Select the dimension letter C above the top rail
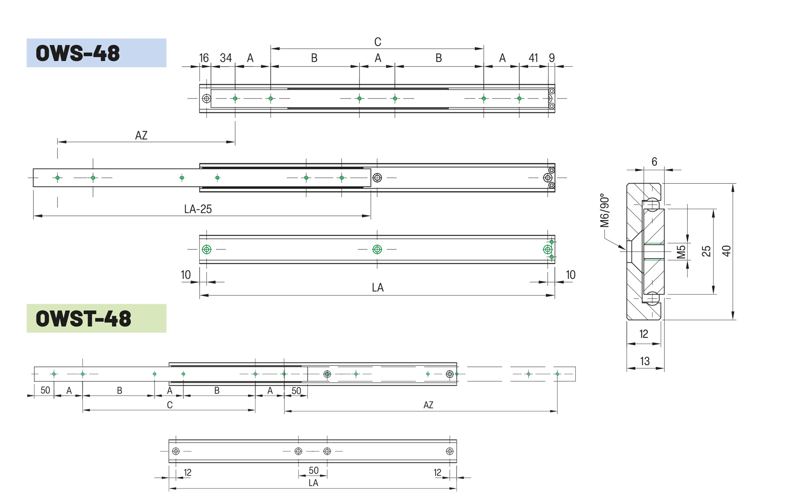tap(378, 42)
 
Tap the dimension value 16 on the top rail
tap(204, 58)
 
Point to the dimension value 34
tap(226, 58)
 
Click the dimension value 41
tap(533, 58)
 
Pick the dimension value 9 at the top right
tap(552, 58)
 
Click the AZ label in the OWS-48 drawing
tap(141, 135)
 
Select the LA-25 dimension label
tap(198, 209)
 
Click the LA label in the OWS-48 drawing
tap(378, 288)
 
